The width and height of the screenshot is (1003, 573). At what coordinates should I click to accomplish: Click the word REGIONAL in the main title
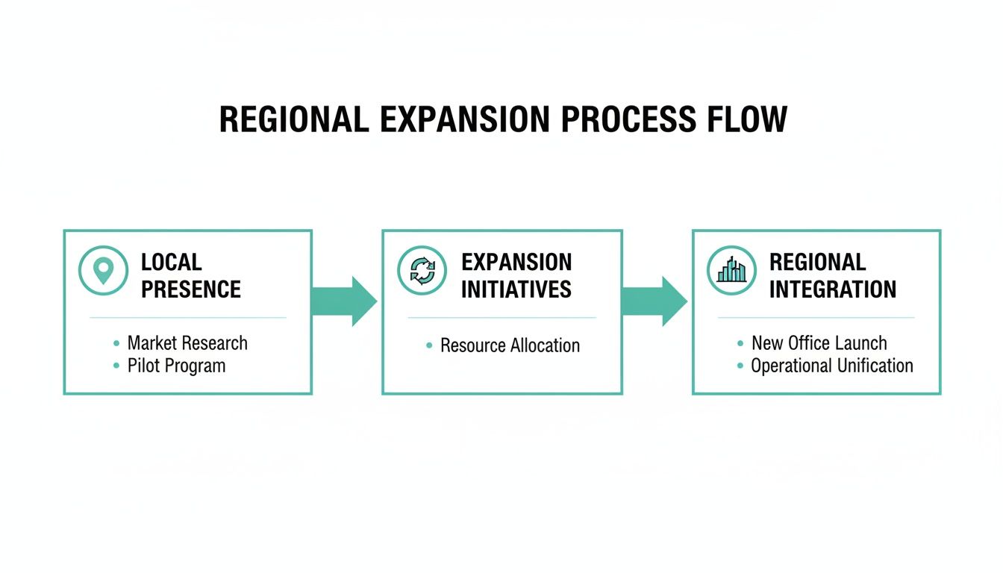294,120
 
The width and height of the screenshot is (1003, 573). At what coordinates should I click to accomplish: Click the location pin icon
103,270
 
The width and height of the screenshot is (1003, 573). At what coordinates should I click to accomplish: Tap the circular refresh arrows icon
422,270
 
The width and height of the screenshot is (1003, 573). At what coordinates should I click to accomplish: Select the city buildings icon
731,270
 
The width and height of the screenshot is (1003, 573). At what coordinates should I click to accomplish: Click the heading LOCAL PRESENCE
191,275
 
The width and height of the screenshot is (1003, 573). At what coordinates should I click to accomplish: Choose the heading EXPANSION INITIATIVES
516,275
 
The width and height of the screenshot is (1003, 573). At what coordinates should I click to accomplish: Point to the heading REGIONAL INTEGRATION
832,275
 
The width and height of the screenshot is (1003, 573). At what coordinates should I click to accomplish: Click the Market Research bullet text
187,343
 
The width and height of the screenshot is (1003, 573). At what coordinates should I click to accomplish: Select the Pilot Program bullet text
176,366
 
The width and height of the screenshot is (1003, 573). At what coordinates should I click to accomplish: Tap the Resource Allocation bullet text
510,345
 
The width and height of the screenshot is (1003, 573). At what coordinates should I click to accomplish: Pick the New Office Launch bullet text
819,343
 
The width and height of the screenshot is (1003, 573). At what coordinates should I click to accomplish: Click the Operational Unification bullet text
831,366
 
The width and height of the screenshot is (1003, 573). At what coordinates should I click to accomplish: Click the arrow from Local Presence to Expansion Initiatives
345,301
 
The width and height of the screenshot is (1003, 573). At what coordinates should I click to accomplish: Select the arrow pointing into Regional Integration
655,301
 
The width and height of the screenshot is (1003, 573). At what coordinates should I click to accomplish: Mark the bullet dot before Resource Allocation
429,346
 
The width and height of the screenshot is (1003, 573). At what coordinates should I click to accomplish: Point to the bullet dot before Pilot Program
116,366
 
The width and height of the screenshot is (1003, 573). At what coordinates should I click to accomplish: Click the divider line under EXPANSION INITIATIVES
501,318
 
